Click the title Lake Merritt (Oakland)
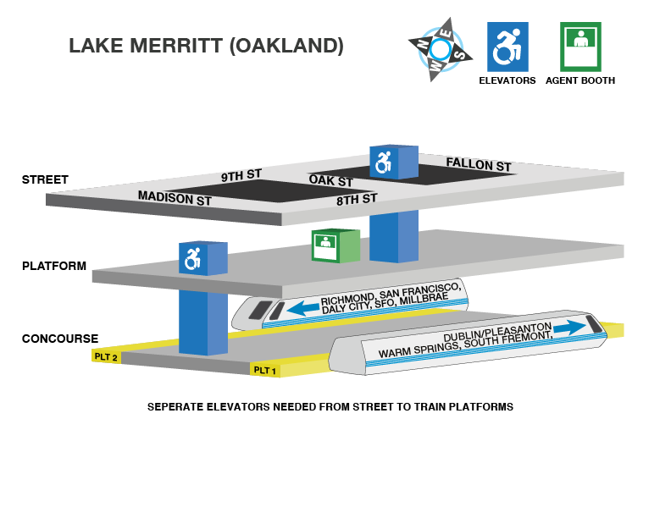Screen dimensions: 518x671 point(206,46)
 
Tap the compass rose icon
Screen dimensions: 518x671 point(440,49)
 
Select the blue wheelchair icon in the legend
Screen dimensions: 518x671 point(507,47)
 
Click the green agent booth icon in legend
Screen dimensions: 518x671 point(580,47)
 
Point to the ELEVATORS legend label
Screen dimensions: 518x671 point(507,81)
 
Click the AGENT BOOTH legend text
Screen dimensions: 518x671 point(580,81)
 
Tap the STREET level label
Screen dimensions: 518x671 point(45,179)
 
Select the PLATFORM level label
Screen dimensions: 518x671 point(54,266)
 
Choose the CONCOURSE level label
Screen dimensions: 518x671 point(60,339)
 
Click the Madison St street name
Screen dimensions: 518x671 point(175,199)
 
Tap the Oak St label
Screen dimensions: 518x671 point(330,180)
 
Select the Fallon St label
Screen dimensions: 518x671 point(479,164)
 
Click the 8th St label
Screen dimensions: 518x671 point(356,200)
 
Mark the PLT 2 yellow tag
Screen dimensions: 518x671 point(106,357)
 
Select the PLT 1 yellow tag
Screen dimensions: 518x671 point(265,370)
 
